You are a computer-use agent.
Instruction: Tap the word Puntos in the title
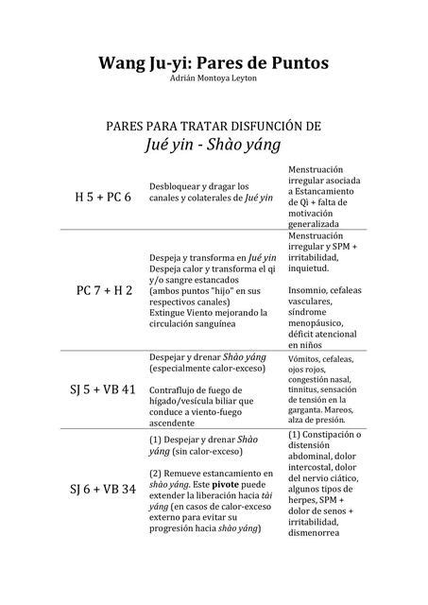297,63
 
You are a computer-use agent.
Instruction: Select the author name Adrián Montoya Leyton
214,79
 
